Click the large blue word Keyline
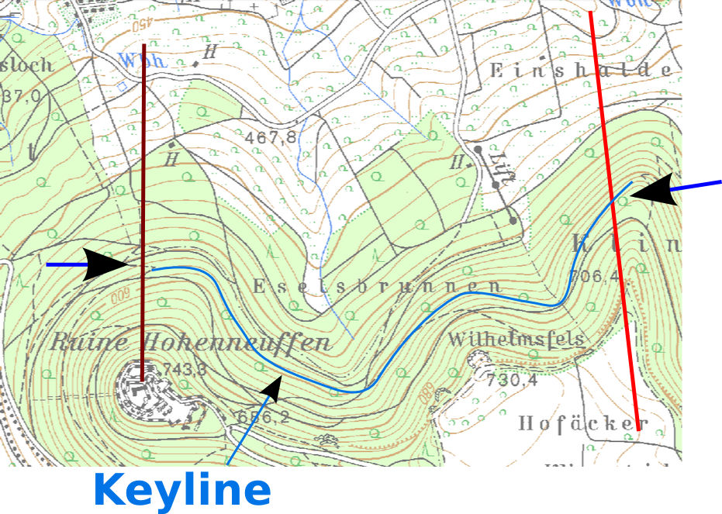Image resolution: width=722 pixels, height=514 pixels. click(x=181, y=490)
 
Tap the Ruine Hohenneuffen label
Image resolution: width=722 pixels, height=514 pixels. click(x=191, y=343)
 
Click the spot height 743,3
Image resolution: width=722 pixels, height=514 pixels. click(x=185, y=370)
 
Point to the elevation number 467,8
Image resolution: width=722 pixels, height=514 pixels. click(x=271, y=138)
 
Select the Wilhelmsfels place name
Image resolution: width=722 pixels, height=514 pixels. click(x=516, y=340)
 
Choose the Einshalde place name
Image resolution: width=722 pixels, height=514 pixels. click(x=579, y=70)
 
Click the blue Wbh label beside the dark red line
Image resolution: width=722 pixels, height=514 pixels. click(x=140, y=59)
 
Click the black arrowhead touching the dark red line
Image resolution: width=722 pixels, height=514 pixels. click(x=106, y=265)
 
